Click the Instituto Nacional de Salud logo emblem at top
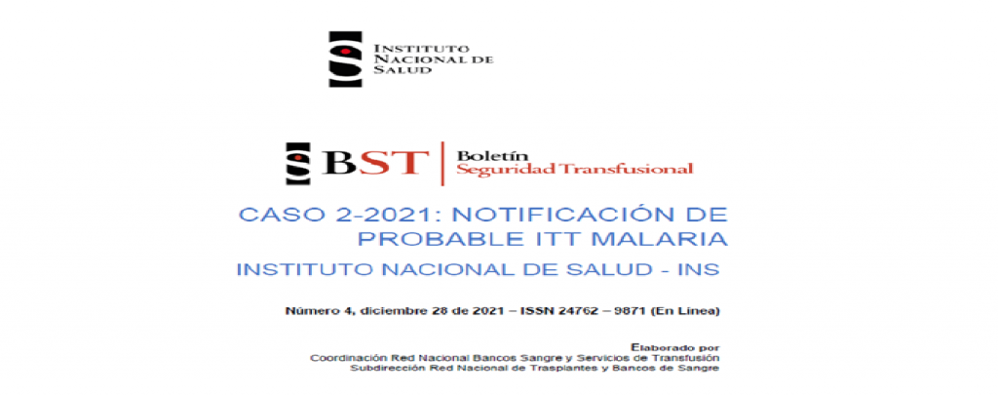tap(345, 59)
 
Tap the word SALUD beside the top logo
tap(393, 70)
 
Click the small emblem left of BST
tap(298, 164)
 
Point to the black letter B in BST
tap(339, 162)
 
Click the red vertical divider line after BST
tap(442, 164)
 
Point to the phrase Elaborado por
tap(675, 347)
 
